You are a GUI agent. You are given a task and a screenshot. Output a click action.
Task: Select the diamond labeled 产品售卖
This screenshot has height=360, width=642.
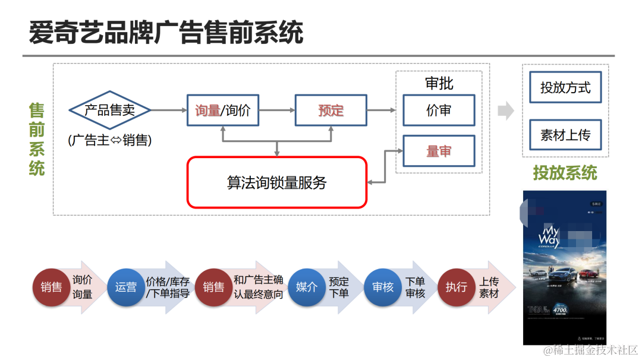point(109,110)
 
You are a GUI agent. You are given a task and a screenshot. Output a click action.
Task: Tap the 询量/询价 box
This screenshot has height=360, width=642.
point(223,110)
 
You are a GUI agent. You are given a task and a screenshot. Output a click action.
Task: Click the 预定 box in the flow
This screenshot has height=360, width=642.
point(331,110)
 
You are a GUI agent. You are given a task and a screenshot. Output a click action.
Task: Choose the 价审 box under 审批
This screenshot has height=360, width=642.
point(439,110)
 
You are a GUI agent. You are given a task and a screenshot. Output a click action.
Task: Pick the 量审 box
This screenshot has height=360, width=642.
point(439,151)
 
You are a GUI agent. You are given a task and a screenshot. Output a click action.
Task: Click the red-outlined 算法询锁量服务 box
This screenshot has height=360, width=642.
point(277,182)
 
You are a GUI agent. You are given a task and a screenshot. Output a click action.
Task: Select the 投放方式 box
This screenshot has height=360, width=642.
point(565,88)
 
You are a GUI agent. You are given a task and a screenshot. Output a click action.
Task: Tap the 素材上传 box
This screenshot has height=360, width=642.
point(565,135)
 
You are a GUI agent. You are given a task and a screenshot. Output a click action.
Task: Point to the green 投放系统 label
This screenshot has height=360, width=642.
point(565,173)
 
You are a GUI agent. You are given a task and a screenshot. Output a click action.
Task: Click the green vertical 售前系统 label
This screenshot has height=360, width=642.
point(37,139)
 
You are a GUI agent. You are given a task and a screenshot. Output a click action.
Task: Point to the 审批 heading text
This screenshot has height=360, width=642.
point(439,83)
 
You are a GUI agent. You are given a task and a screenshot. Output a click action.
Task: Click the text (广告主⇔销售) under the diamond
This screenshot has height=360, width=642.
point(109,140)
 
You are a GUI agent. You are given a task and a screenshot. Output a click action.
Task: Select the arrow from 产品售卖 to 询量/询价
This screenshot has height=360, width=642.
point(168,110)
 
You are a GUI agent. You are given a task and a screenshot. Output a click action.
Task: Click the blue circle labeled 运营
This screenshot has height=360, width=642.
point(125,288)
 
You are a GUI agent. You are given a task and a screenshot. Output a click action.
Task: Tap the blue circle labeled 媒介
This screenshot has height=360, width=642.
point(307,288)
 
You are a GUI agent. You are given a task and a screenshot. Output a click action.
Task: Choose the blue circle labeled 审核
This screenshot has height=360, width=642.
point(382,288)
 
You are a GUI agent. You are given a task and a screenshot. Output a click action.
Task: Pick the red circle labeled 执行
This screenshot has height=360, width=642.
point(456,288)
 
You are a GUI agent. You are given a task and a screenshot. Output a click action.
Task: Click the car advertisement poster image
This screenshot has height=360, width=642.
point(564,267)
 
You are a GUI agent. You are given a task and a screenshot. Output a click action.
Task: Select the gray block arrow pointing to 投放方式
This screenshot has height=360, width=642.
point(506,110)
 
